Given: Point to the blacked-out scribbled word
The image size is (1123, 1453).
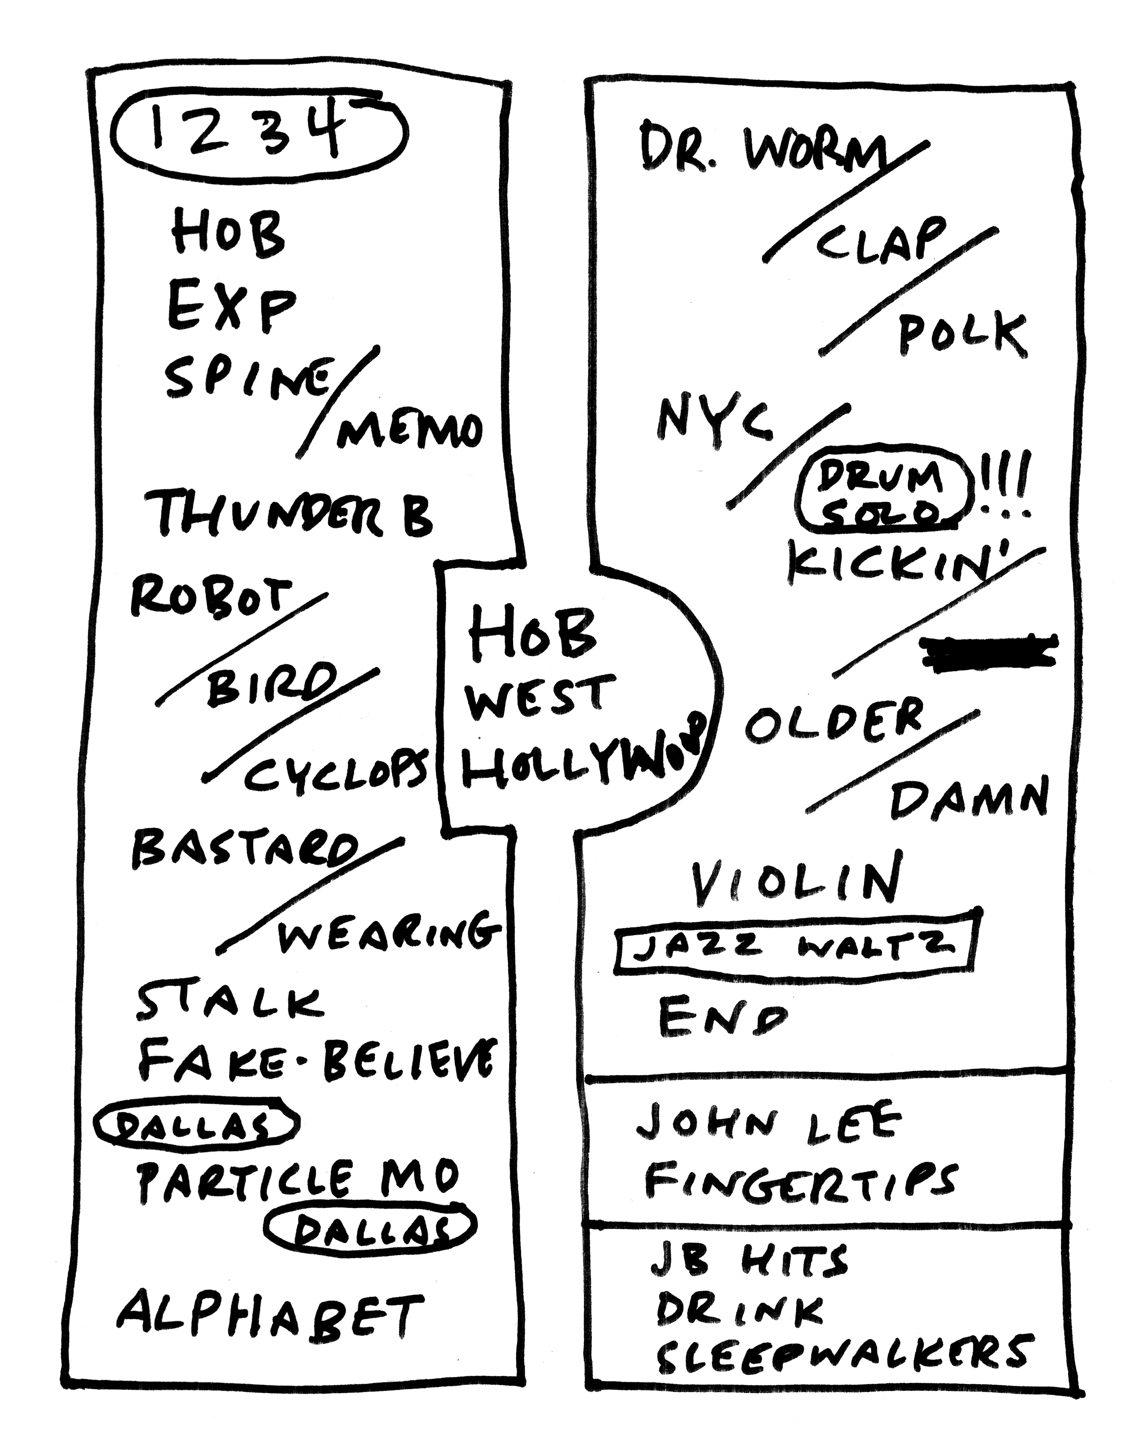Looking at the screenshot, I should [x=988, y=650].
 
